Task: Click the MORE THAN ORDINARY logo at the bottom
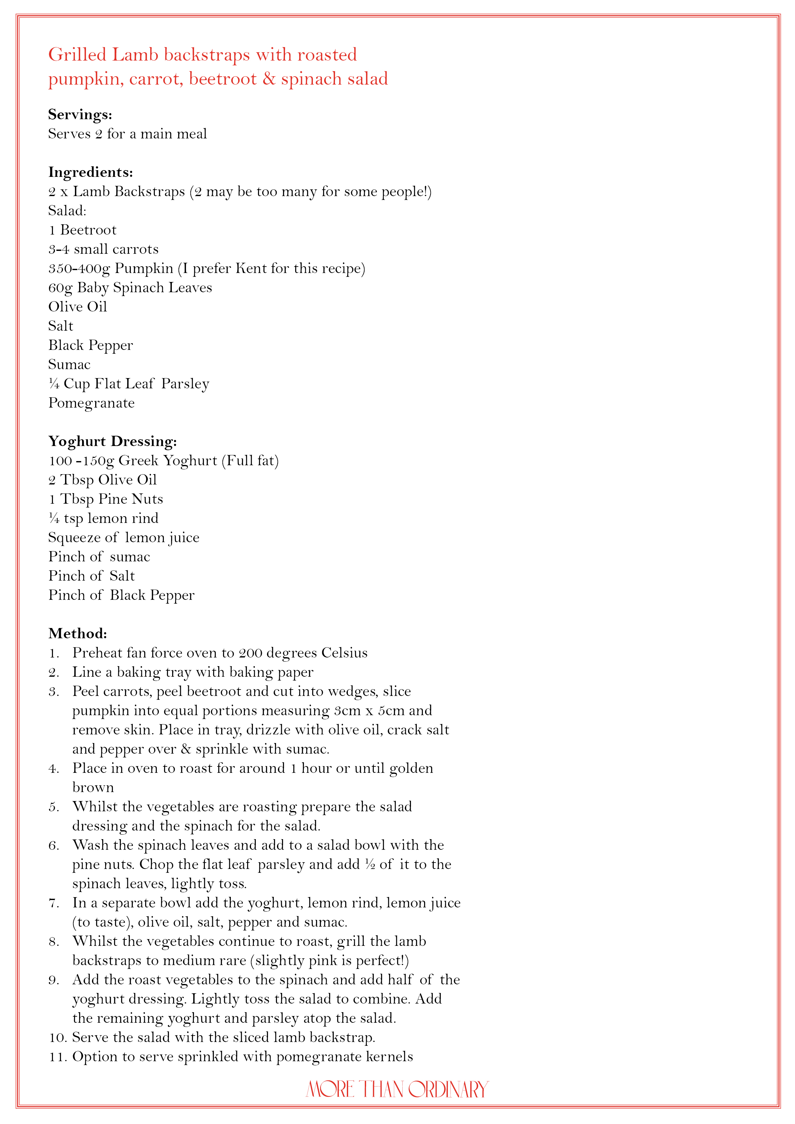[397, 1089]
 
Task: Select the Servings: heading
[80, 115]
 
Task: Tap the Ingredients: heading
[91, 172]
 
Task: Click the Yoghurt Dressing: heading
[112, 441]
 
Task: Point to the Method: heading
[77, 633]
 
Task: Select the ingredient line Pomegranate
[91, 403]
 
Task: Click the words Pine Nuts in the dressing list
[130, 499]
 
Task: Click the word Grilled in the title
[77, 55]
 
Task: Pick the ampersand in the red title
[269, 79]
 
